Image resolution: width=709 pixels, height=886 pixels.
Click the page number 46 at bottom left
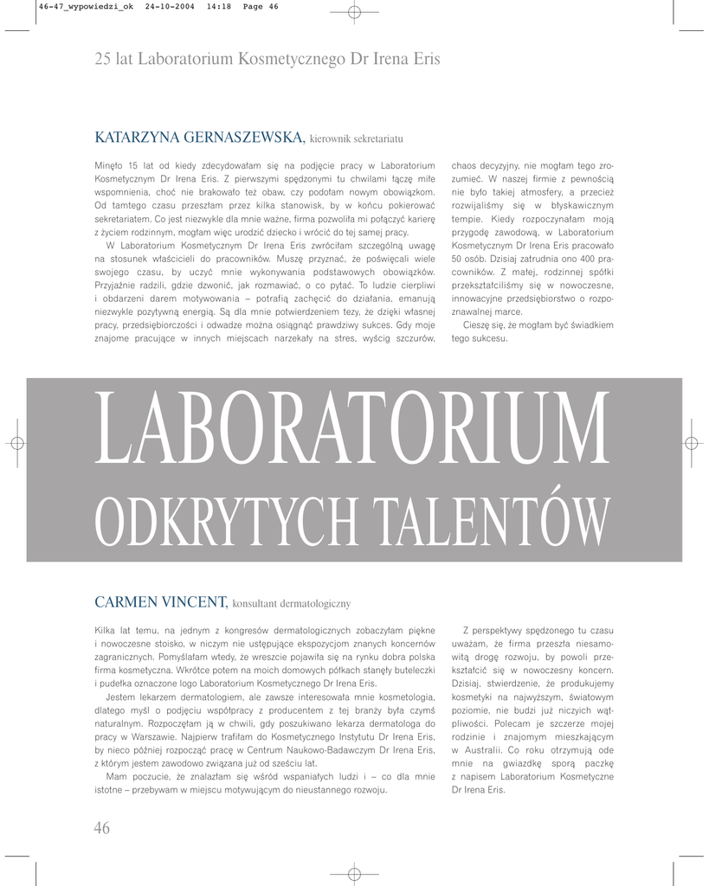(102, 828)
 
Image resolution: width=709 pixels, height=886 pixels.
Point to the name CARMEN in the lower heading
(125, 601)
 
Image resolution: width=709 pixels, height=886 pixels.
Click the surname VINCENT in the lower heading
(193, 601)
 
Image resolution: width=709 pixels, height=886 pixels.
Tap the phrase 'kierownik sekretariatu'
(357, 139)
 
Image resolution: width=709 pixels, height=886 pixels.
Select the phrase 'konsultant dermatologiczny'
(291, 603)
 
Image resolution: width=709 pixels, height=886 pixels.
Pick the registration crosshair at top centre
(354, 12)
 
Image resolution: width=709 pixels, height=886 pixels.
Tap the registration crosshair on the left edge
(16, 442)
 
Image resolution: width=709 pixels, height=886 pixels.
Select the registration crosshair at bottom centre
(354, 873)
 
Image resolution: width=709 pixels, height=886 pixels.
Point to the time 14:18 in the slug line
(216, 6)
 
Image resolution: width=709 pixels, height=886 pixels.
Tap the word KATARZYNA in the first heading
(135, 138)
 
